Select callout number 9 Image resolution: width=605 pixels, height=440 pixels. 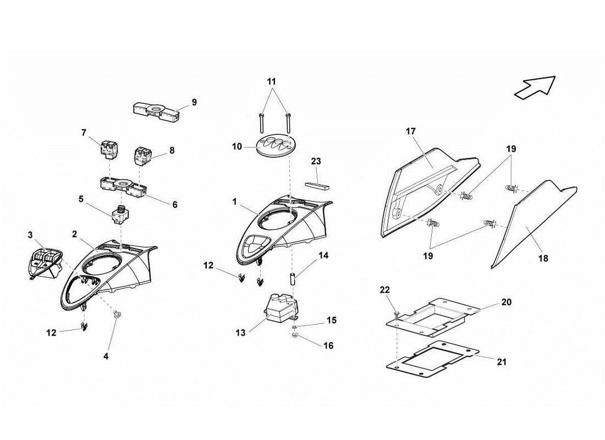coord(194,102)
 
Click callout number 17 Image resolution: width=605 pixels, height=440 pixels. coord(411,131)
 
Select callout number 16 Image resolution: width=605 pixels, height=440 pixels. coord(328,346)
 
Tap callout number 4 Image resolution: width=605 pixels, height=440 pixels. coord(106,356)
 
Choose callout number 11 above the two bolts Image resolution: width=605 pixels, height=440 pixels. coord(272,81)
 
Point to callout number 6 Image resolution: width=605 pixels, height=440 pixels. coord(175,204)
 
